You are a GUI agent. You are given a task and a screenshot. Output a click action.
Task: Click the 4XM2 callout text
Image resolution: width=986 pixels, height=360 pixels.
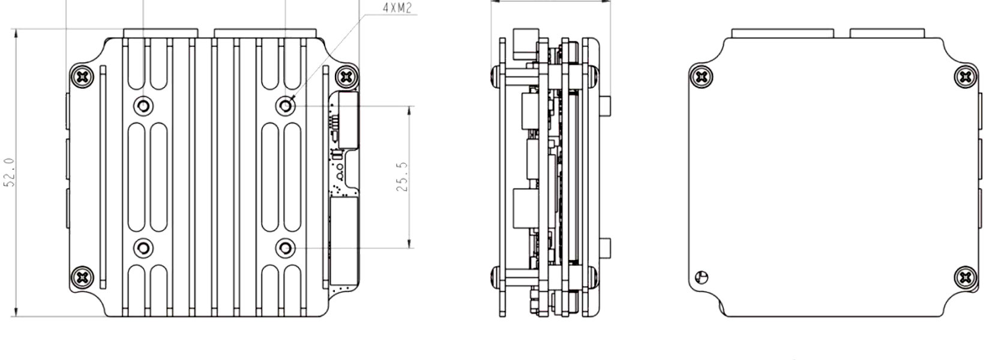click(397, 8)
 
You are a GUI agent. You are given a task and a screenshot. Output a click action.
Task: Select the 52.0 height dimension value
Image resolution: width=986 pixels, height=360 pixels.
click(9, 173)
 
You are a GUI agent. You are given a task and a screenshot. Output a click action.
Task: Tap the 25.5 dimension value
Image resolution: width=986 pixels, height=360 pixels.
click(402, 177)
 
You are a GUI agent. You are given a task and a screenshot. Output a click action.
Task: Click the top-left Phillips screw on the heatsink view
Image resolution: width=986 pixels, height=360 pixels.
click(82, 77)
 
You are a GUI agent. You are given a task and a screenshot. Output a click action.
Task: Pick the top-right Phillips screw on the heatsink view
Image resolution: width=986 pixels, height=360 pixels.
click(347, 77)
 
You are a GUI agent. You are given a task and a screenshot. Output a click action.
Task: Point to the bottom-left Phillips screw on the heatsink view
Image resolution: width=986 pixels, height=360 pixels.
click(82, 277)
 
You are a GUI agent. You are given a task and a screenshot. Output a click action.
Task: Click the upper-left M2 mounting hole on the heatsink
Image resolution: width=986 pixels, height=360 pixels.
click(143, 106)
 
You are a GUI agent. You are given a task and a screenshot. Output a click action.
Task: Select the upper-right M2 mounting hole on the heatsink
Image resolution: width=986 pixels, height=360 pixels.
click(285, 106)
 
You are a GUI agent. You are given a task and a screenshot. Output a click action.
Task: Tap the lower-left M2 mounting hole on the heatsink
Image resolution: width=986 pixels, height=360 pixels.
click(143, 248)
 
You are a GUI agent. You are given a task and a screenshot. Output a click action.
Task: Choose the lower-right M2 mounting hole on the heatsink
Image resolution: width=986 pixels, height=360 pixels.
click(285, 248)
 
